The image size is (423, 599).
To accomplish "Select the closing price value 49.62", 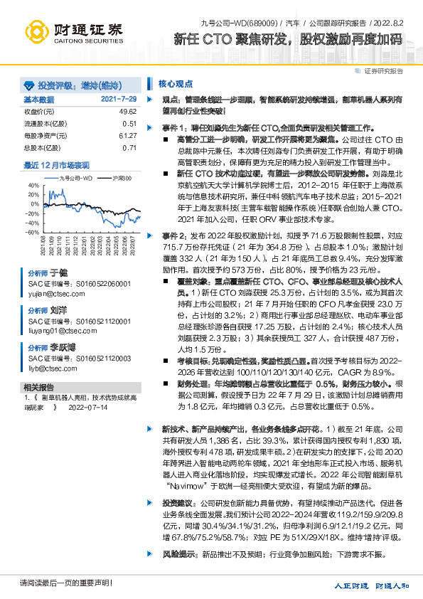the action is [x=128, y=112].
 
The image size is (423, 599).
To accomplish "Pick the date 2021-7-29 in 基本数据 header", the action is [x=119, y=100].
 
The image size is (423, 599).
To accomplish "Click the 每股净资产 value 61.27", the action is [x=128, y=135].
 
